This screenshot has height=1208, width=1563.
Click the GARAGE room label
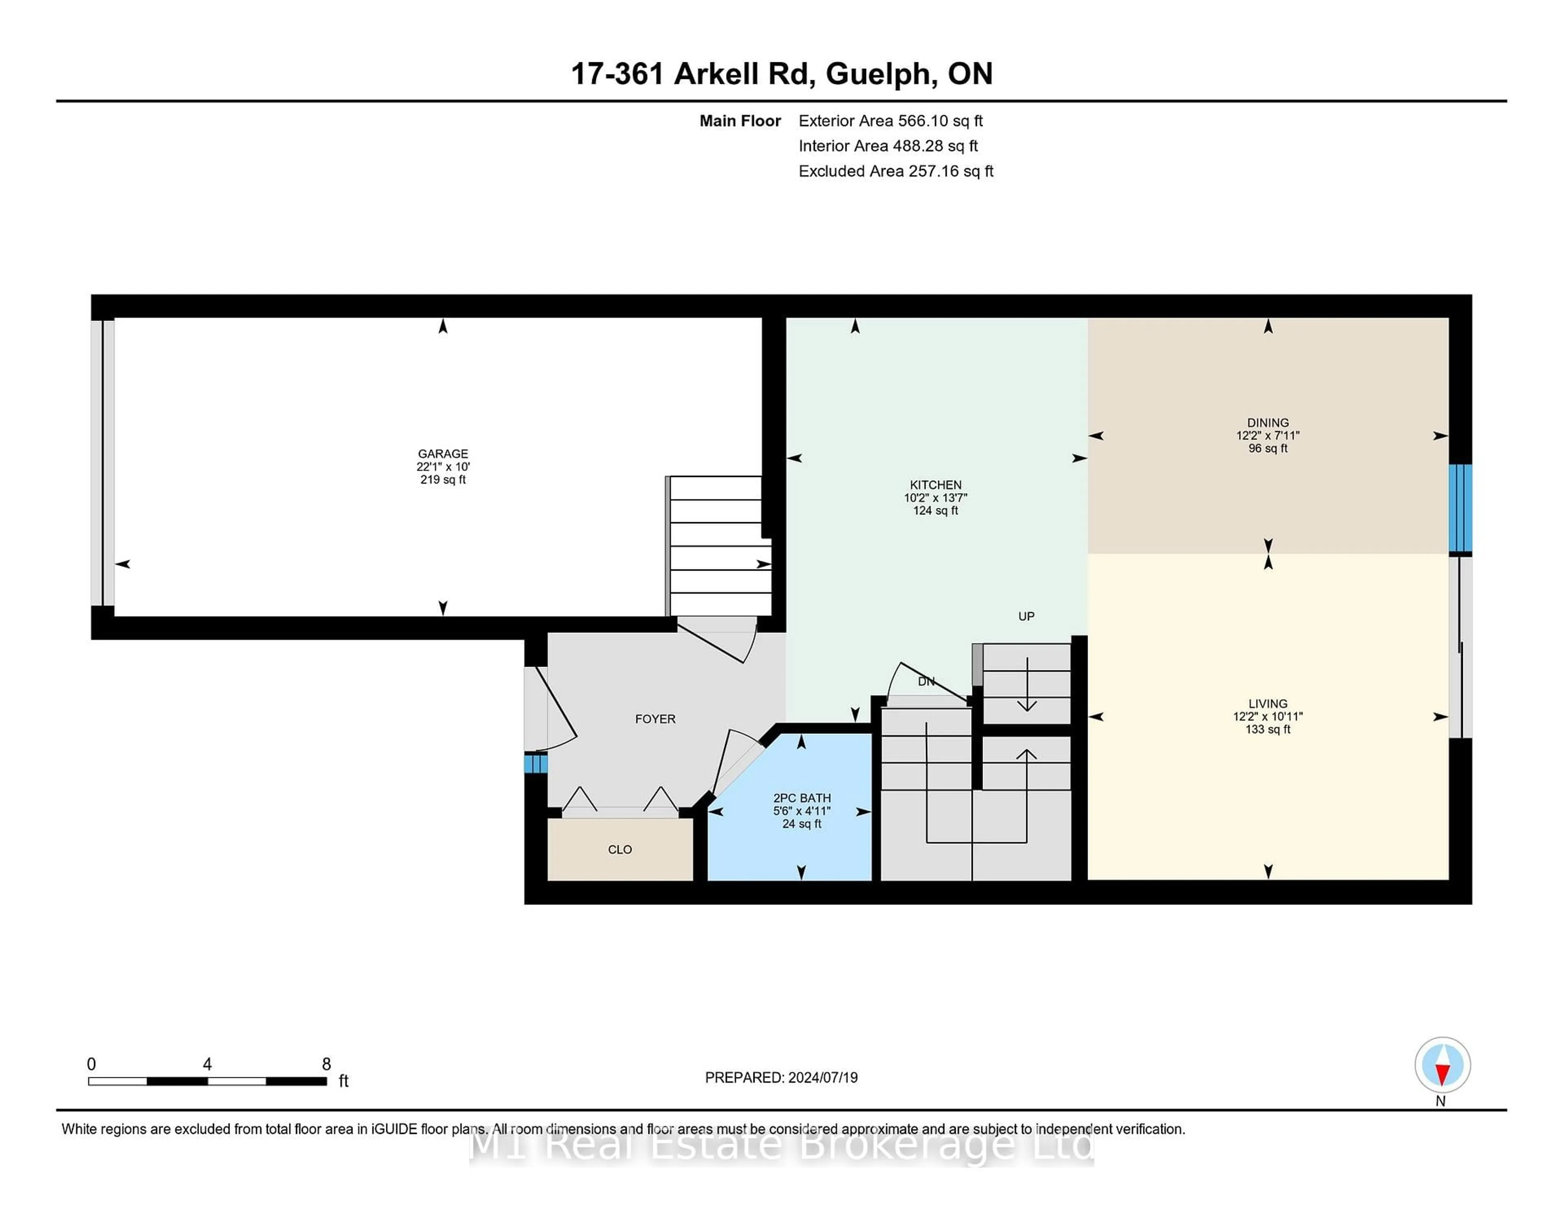(442, 454)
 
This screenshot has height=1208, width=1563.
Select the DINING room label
(1267, 423)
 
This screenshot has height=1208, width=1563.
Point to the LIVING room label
(1267, 703)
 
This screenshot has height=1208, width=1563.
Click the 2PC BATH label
(801, 798)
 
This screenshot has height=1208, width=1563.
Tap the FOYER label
(655, 718)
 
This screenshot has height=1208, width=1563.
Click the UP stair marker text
(1026, 616)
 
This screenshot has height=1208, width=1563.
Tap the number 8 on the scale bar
(326, 1064)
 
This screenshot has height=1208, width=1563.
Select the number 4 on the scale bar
(207, 1064)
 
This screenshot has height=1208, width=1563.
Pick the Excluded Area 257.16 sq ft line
(895, 171)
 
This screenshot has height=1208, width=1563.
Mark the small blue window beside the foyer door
(535, 763)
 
